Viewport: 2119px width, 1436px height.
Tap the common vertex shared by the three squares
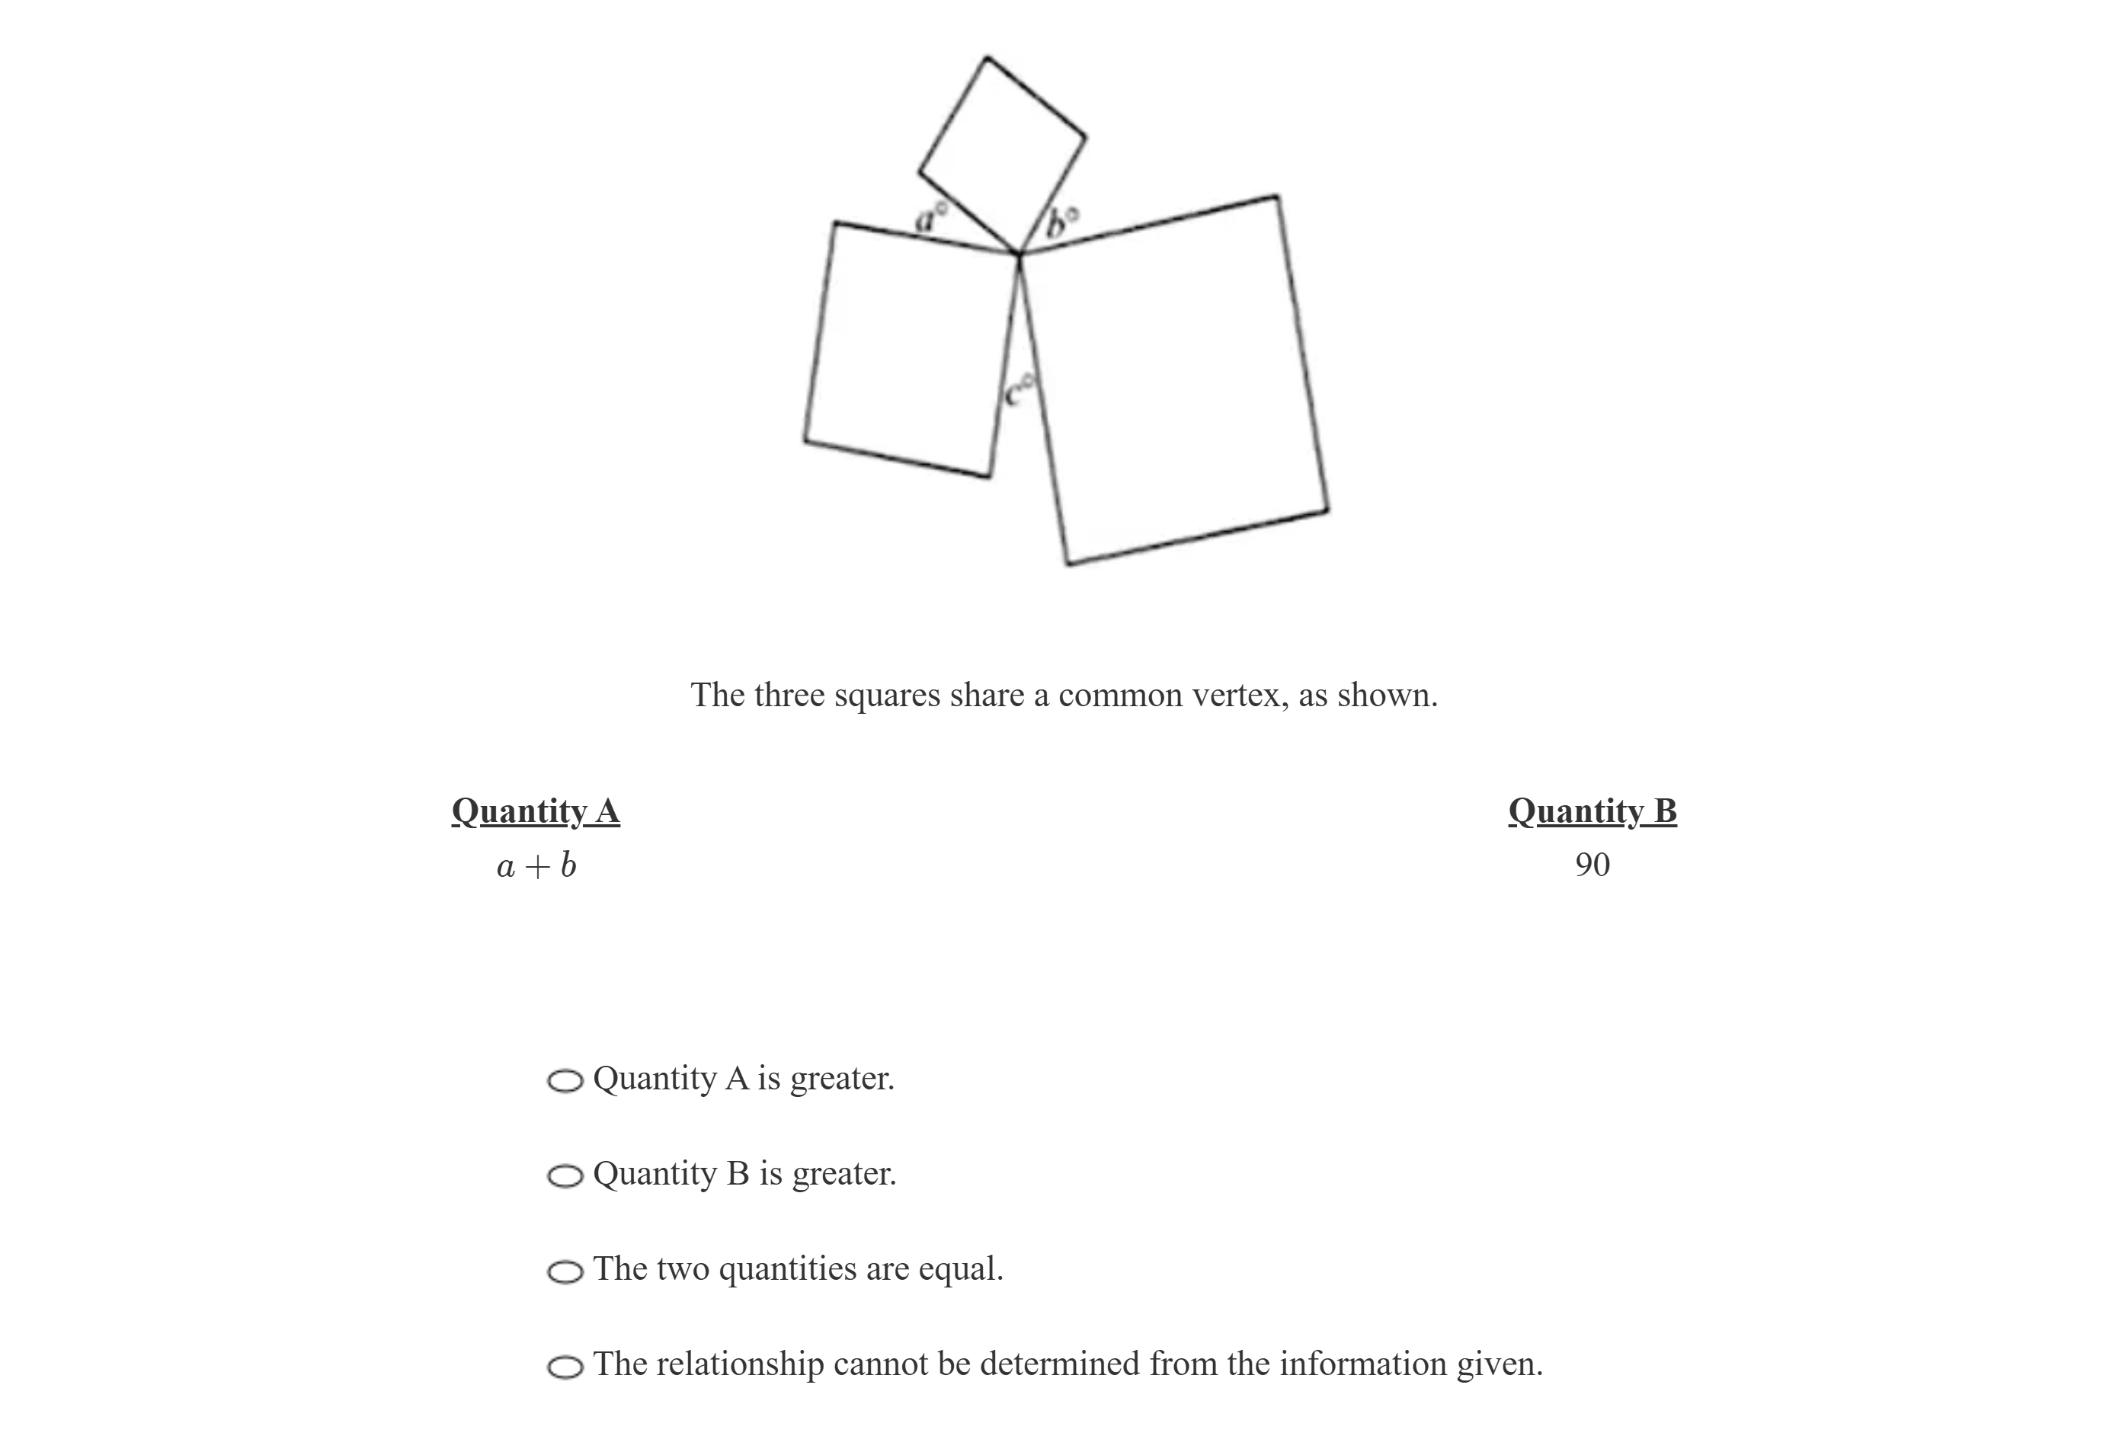(x=1019, y=254)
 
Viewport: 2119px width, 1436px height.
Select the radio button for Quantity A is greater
(x=565, y=1080)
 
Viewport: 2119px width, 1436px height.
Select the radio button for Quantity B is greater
(x=565, y=1175)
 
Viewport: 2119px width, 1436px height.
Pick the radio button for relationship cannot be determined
(x=565, y=1366)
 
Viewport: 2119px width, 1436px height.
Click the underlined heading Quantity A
(x=535, y=811)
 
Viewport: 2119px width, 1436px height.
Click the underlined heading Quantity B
(x=1591, y=811)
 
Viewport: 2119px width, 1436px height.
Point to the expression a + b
(x=536, y=865)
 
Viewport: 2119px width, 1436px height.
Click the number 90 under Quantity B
(x=1591, y=865)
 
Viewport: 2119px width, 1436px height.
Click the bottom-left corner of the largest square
(x=1068, y=564)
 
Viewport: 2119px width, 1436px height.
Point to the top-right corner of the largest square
(x=1276, y=195)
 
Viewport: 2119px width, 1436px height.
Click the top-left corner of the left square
(x=834, y=222)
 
